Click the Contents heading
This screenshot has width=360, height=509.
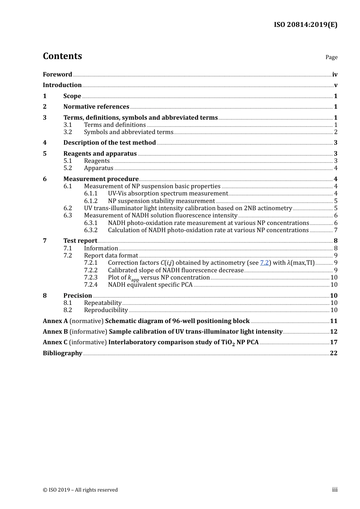(x=62, y=56)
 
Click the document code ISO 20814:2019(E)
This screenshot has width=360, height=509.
(x=305, y=25)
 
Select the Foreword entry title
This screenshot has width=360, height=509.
(x=57, y=75)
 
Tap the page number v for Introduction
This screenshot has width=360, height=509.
(x=335, y=85)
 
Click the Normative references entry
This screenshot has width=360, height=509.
(x=96, y=107)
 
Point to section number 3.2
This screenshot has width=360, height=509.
(x=67, y=132)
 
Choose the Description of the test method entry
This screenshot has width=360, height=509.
(x=110, y=143)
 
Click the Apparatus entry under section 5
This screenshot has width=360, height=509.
(x=99, y=168)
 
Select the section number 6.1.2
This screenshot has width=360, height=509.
(x=91, y=201)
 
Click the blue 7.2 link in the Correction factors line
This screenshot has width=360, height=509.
(x=264, y=263)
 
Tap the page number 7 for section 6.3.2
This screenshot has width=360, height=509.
(x=336, y=230)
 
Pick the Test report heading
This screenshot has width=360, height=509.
(x=80, y=241)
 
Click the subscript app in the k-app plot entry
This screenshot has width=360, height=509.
(x=135, y=280)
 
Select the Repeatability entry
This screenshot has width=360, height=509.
(x=103, y=303)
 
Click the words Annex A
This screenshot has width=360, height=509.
(x=55, y=321)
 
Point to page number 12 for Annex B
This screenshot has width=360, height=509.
(x=333, y=332)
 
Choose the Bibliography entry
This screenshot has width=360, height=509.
(x=63, y=353)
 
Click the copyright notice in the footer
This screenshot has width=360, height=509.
(x=80, y=490)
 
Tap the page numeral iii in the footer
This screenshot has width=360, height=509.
(x=335, y=490)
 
